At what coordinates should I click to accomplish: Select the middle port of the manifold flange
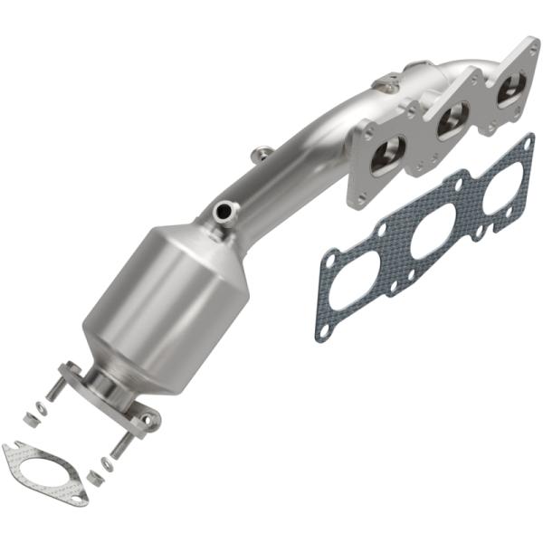pos(452,120)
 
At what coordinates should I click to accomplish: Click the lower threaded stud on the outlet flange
pos(122,446)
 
